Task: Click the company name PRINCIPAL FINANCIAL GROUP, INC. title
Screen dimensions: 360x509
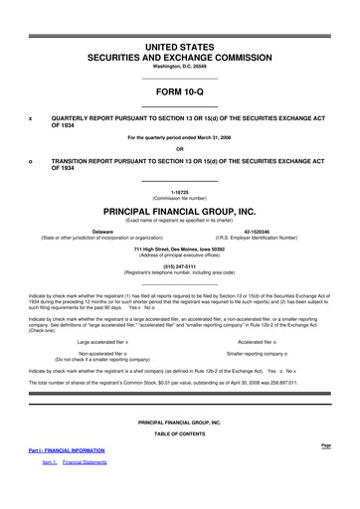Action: coord(179,213)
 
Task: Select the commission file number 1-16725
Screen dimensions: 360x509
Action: coord(179,195)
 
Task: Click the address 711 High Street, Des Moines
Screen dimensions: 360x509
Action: coord(179,249)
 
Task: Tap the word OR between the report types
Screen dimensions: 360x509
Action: coord(179,151)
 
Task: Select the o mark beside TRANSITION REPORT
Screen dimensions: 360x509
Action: coord(31,163)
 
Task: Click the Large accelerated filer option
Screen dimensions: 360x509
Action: coord(109,342)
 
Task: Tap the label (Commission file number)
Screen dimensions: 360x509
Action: coord(179,202)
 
